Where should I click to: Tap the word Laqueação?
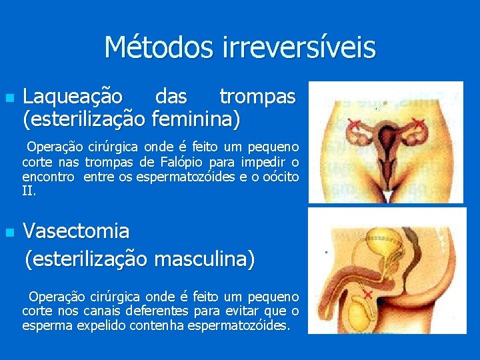tap(73, 97)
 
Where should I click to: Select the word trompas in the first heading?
tap(257, 97)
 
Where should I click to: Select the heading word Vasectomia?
tap(77, 231)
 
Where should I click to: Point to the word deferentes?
tap(162, 311)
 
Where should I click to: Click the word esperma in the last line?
tap(43, 325)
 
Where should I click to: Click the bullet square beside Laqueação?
tap(9, 98)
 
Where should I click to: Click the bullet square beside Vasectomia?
tap(9, 233)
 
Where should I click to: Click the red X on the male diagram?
tap(367, 293)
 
